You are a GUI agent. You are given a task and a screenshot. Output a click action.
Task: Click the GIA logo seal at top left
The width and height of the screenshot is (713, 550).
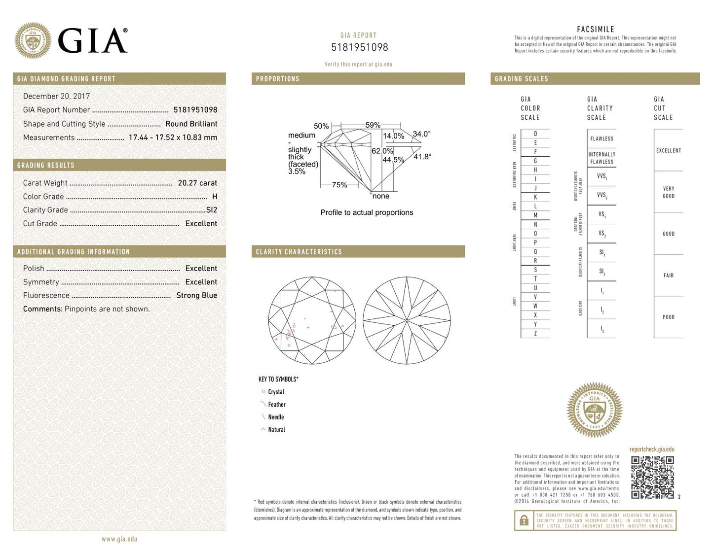tap(33, 40)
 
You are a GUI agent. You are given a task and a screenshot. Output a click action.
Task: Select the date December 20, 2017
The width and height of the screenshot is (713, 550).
tap(56, 96)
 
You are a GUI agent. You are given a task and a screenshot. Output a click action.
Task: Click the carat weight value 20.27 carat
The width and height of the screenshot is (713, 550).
tap(197, 183)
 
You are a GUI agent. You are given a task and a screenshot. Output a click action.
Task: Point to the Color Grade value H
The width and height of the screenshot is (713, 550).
tap(215, 196)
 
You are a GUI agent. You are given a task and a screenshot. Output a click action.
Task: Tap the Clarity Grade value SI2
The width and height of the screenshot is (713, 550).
tap(212, 210)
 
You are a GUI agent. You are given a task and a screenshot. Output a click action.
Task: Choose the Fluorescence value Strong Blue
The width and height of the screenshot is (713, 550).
tap(196, 295)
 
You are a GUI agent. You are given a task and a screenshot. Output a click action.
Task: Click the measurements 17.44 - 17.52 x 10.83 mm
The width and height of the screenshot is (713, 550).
tap(173, 137)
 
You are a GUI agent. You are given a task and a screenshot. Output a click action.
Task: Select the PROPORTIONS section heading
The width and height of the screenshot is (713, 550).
tap(277, 79)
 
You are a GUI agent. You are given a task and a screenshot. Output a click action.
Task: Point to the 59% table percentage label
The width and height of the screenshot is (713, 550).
tap(373, 125)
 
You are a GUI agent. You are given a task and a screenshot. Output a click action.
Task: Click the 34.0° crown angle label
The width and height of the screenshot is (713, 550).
tap(421, 134)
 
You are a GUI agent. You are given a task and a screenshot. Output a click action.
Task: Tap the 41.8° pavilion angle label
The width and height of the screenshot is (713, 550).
tap(422, 157)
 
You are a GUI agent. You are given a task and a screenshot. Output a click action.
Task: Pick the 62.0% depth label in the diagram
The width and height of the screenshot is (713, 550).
tap(382, 151)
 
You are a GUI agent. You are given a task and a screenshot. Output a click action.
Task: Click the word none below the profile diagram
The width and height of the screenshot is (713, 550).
tap(381, 196)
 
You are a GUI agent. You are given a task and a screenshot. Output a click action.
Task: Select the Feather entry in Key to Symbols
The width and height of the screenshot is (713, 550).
tap(276, 405)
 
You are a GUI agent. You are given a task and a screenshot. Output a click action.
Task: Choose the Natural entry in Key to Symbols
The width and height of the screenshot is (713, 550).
tap(276, 430)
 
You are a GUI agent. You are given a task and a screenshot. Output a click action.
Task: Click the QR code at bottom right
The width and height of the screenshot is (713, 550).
tap(652, 477)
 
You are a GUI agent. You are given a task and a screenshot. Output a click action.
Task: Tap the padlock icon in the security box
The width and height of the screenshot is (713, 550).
tap(523, 520)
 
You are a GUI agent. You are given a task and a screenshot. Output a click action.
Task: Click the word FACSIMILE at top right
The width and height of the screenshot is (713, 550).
tap(596, 30)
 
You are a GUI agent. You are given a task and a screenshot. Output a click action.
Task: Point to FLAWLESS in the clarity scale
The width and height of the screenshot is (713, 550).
tap(601, 139)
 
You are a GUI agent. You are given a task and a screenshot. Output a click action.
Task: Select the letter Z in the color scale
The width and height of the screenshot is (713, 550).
tap(535, 334)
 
